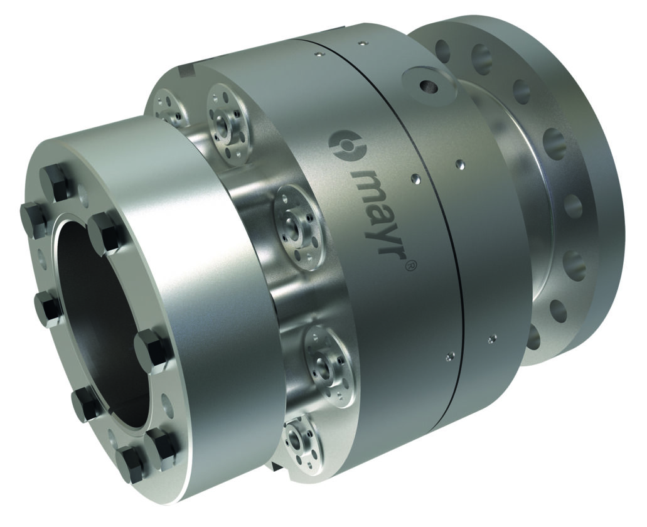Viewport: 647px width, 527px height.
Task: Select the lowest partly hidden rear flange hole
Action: [x=532, y=338]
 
